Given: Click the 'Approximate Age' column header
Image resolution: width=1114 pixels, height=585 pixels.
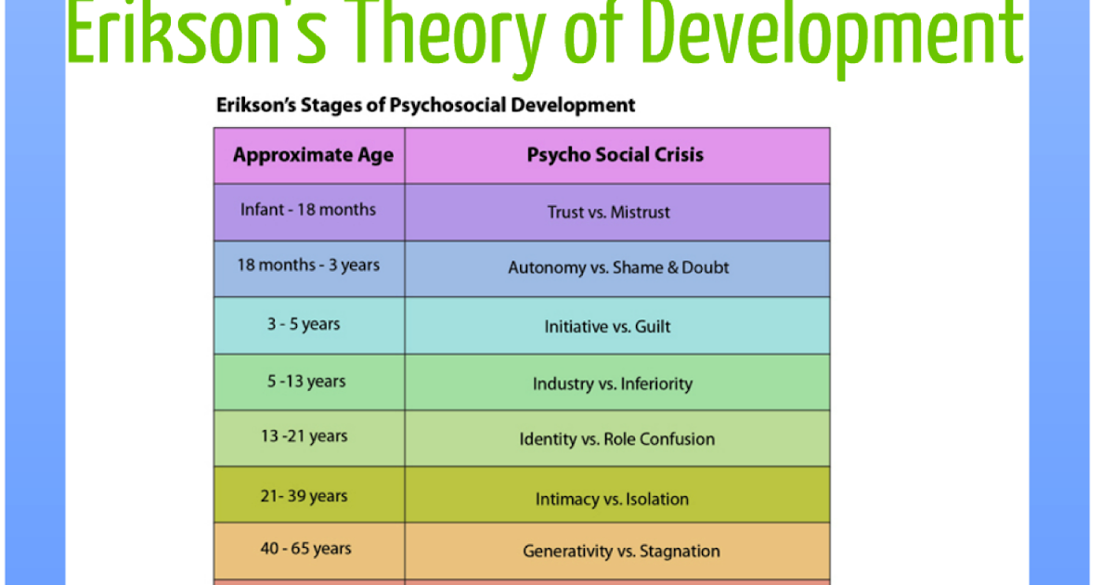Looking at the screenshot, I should [x=313, y=155].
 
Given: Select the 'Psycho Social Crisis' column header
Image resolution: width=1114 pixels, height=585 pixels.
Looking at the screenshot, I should [x=615, y=155].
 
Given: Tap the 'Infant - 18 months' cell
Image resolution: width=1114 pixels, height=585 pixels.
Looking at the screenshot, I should [x=308, y=210].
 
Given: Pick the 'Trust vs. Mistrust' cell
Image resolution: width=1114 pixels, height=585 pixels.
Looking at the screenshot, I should [x=608, y=213].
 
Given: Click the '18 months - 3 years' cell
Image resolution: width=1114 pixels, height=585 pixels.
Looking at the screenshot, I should [x=308, y=266].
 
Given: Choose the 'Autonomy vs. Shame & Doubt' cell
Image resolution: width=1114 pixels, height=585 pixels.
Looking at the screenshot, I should [x=618, y=267].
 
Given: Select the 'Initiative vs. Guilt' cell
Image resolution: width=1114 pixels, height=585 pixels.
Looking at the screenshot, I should [x=607, y=327].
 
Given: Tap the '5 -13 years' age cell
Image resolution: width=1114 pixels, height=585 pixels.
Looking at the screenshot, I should [x=306, y=382].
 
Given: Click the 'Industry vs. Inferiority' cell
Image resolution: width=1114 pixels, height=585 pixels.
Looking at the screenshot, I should [x=613, y=383].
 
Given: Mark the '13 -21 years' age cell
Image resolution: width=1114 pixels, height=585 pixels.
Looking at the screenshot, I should [x=304, y=436].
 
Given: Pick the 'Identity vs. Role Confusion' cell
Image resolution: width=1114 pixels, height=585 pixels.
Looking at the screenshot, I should [x=617, y=439].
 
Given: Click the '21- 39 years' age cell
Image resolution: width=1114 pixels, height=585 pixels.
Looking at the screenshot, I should [x=304, y=497].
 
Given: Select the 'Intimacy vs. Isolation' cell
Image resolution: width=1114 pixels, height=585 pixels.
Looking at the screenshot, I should [x=612, y=500].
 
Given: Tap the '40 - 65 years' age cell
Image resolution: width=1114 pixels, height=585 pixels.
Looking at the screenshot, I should [x=305, y=549].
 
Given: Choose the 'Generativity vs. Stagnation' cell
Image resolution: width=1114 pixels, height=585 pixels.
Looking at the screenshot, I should [x=621, y=552].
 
